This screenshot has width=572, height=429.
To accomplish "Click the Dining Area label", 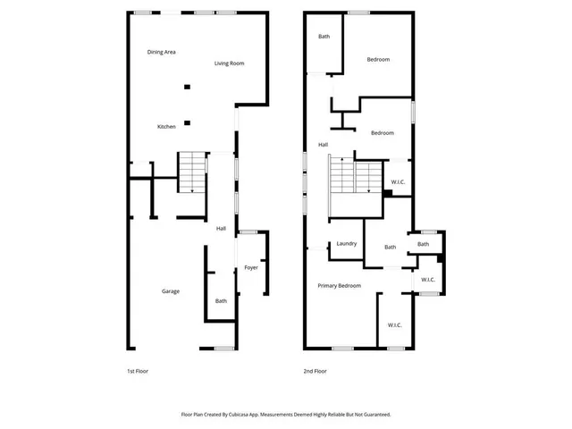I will pos(161,52).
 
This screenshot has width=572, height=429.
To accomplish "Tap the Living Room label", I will pos(230,63).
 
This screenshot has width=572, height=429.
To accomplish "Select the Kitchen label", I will pos(166,127).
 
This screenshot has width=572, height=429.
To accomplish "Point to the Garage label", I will pos(170,291).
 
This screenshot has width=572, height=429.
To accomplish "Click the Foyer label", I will pos(251,267).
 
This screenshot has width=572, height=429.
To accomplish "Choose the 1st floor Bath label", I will pos(221,300).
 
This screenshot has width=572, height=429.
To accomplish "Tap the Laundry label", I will pos(347,244).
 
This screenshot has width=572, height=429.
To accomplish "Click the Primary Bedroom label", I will pos(340,285).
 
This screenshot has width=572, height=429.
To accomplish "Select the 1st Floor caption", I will pos(138,371).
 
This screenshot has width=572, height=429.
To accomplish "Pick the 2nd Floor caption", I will pos(315,371).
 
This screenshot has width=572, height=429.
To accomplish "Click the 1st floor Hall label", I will pos(221,229).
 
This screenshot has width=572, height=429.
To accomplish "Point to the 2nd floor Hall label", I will pos(323,145).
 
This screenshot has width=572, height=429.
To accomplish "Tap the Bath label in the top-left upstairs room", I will pos(324,37).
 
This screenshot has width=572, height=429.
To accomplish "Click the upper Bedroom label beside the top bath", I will pos(378,59).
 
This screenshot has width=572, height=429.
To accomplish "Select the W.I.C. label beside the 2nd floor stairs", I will pos(399,181).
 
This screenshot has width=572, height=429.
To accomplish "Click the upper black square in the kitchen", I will pos(187,87).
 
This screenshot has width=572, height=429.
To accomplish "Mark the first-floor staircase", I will pos(191,172).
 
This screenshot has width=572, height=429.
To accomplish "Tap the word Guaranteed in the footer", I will pos(372,415).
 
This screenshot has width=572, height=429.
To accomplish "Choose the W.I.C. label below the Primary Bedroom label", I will pos(394,325).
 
